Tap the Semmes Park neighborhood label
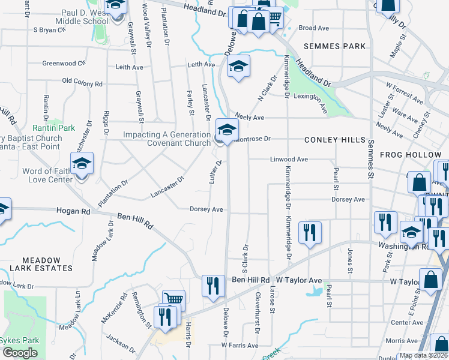coord(335,46)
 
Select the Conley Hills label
coord(335,139)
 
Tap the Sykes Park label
coord(19,340)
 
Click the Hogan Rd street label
coord(73,211)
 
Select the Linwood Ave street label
coord(289,159)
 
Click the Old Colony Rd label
coord(82,82)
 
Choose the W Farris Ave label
coord(239,346)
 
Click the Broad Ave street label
coord(314,28)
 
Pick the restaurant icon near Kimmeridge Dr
coord(310,231)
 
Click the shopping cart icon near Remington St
coord(173,299)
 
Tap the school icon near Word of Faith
coord(82,163)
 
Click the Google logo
coord(20,353)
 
